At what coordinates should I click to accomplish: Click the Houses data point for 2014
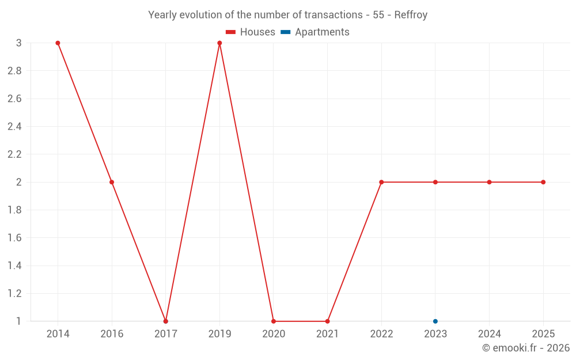coord(58,43)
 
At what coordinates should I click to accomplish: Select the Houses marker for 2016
coord(112,182)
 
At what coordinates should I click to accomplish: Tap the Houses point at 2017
coord(166,321)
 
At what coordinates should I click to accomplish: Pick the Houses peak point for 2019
coord(219,43)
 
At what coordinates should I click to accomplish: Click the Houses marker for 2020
coord(274,321)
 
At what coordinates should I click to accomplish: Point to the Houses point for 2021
coord(328,321)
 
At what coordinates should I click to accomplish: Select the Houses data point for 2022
coord(381,182)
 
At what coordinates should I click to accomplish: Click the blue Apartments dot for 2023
coord(435,321)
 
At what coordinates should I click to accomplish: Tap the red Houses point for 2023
coord(435,182)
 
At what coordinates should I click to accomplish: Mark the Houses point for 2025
coord(543,182)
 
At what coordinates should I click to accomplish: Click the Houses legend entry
coord(250,32)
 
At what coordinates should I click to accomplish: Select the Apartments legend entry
coord(315,32)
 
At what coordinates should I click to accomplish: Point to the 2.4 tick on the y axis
coord(15,127)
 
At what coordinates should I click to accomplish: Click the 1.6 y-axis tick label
coord(15,238)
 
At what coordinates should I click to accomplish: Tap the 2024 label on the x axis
coord(489,334)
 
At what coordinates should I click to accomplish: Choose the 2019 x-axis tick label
coord(219,334)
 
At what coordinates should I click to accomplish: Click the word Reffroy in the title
coord(411,15)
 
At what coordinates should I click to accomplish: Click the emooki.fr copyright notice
coord(526,348)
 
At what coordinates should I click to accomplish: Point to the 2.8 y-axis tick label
coord(15,71)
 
